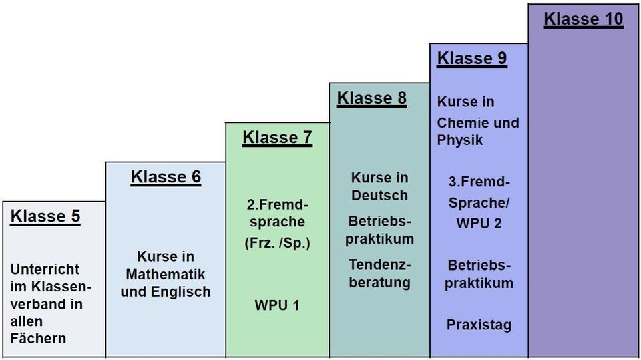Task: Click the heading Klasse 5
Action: tap(45, 216)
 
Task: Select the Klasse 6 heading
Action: tap(166, 177)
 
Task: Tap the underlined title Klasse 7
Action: tap(278, 138)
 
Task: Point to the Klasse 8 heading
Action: tap(372, 98)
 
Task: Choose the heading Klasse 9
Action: tap(472, 59)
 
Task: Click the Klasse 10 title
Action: tap(584, 19)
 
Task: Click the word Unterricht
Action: tap(45, 269)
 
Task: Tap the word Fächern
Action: tap(38, 339)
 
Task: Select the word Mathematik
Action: tap(166, 274)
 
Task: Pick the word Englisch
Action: tap(181, 292)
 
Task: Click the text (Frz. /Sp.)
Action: tap(278, 243)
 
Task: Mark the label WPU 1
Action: tap(277, 305)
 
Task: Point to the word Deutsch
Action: tap(379, 196)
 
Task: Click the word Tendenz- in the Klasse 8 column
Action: tap(380, 265)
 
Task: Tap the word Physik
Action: tap(460, 140)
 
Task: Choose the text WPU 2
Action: tap(479, 223)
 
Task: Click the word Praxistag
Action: tap(479, 325)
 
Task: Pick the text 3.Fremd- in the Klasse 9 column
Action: tap(479, 182)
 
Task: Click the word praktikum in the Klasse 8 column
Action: tap(379, 239)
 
